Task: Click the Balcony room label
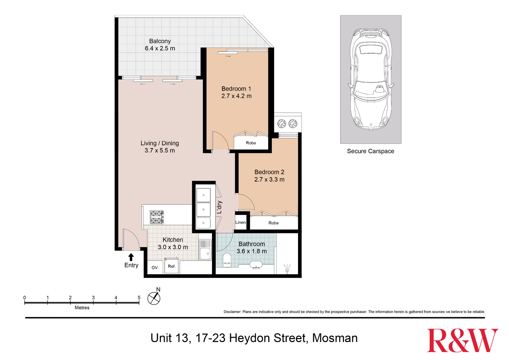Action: pos(160,41)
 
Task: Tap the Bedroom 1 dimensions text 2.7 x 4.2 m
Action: pos(236,96)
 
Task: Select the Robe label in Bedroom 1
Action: pos(251,143)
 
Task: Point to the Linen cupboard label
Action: pos(241,223)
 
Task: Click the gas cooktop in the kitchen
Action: pos(157,217)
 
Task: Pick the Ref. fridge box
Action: pos(172,266)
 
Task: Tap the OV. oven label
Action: pos(155,268)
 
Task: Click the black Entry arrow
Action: pos(131,257)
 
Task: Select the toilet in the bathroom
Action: pos(227,259)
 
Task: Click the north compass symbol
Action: pos(154,298)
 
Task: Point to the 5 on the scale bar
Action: pos(139,298)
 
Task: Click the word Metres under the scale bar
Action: pos(82,308)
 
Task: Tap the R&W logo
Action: pos(462,340)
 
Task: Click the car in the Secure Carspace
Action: pos(371,79)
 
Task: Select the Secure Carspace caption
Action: pos(371,151)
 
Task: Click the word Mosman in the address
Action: pos(335,338)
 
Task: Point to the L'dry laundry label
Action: pos(219,208)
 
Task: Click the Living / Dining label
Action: pos(160,143)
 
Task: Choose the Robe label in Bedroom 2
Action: pos(273,223)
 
